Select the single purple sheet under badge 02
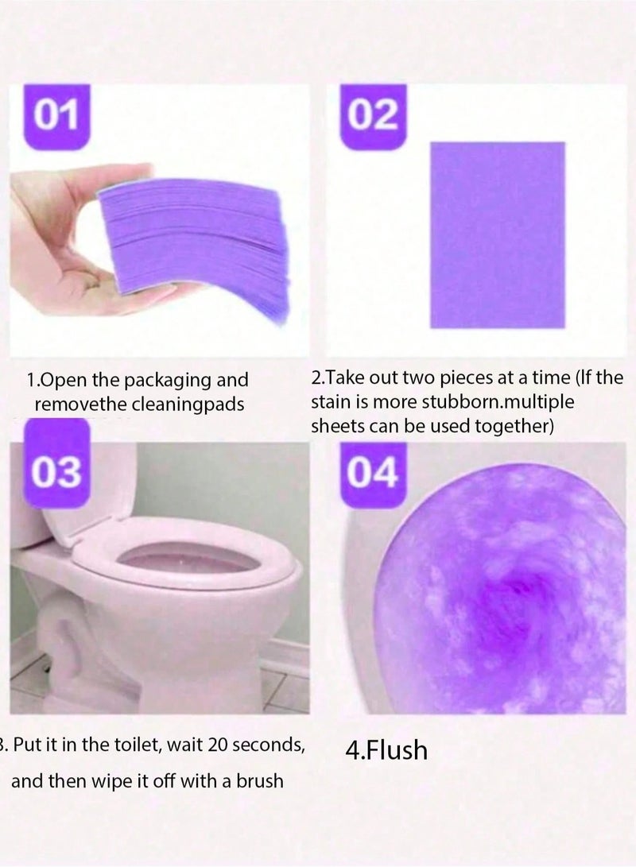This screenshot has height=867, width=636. pyautogui.click(x=497, y=234)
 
